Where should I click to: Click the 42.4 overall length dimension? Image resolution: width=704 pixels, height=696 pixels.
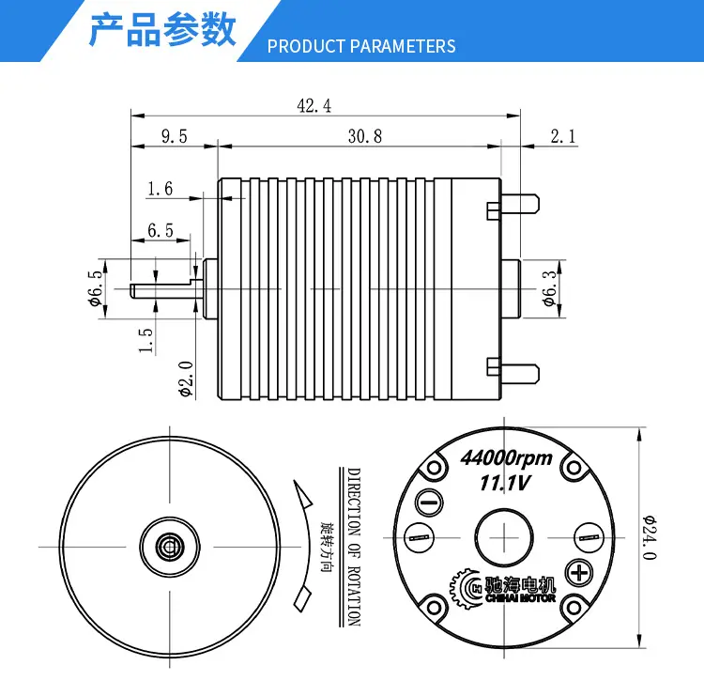(314, 107)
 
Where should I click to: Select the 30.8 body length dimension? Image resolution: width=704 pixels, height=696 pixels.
(364, 136)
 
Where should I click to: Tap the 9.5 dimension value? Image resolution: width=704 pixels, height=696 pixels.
(175, 136)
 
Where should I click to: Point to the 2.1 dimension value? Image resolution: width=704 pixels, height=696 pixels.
(562, 136)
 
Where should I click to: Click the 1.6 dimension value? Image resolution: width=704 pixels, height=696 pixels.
(160, 189)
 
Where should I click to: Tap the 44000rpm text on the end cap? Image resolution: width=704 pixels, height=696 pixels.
(506, 459)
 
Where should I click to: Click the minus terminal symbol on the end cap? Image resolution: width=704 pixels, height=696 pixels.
(430, 502)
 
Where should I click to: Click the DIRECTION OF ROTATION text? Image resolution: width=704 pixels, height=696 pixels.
(354, 548)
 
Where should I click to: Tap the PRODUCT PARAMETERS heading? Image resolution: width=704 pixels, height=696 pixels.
(361, 47)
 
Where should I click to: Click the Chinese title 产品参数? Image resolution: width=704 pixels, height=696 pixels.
(161, 30)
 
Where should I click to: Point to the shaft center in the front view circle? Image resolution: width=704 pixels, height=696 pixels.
(170, 545)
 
